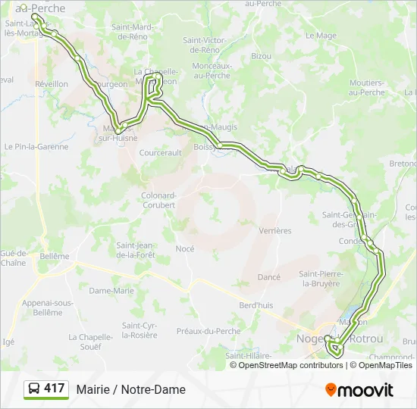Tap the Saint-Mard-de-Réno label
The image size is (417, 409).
tap(133, 32)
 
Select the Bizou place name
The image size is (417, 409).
tap(261, 56)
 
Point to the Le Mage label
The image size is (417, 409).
tap(325, 36)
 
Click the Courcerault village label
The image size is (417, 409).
tap(161, 152)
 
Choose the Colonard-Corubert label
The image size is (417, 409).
tap(158, 200)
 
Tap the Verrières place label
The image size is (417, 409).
tap(274, 230)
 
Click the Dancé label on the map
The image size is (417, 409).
tap(269, 277)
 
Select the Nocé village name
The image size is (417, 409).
tap(185, 248)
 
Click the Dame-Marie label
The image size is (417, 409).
tap(111, 290)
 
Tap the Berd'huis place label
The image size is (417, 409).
tap(256, 304)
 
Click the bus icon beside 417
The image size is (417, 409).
tap(34, 389)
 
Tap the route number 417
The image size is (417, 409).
tap(54, 389)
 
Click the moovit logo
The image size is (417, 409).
tap(359, 390)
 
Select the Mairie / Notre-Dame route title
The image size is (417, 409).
tap(130, 389)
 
